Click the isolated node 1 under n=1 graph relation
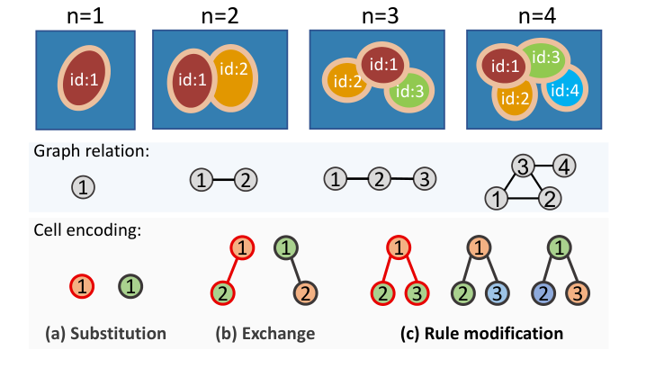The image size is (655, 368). [x=82, y=186]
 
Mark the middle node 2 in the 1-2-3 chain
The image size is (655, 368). [x=380, y=180]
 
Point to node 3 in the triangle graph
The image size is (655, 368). [x=521, y=166]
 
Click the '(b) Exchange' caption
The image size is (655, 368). [x=265, y=334]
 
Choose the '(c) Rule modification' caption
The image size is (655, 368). [x=481, y=334]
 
